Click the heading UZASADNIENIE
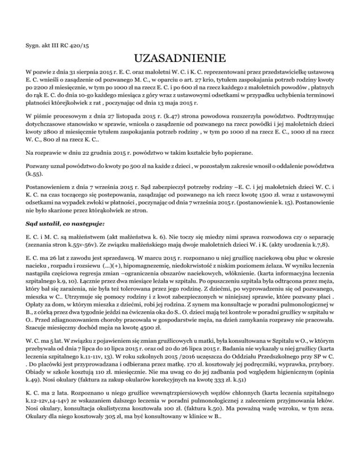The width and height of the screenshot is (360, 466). (180, 60)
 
